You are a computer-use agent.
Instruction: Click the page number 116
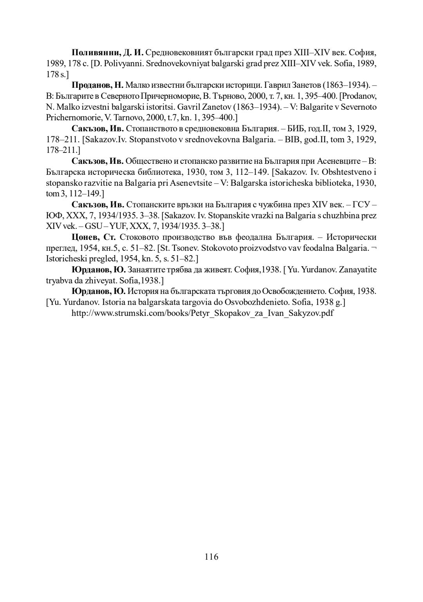(211, 557)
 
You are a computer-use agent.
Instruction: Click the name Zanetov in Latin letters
(218, 107)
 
